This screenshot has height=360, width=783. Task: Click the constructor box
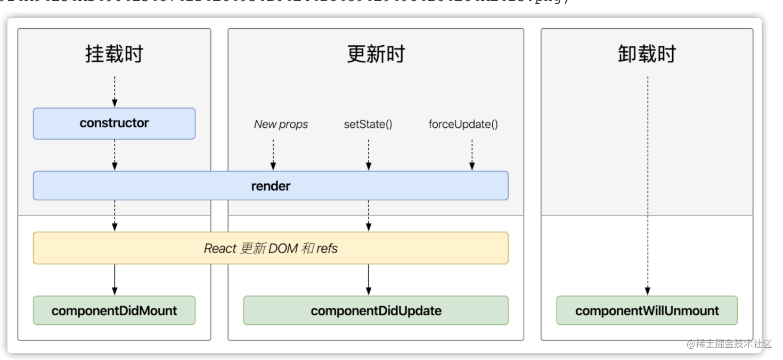(114, 124)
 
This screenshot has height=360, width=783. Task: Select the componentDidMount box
(114, 310)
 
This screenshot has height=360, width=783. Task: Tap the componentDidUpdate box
(376, 310)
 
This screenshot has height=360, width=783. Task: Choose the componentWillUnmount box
(647, 310)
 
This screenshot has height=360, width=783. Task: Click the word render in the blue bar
(271, 186)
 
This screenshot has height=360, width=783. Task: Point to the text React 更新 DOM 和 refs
(271, 248)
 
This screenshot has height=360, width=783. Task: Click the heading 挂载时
(114, 54)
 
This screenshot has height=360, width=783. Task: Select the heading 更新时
(376, 54)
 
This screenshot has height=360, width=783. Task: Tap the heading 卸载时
(647, 54)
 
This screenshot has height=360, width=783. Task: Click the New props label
(281, 125)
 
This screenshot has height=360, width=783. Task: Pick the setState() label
(368, 125)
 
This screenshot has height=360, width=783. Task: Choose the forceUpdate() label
(463, 125)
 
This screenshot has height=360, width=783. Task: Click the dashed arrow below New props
(273, 154)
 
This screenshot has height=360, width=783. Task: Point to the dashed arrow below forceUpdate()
(472, 154)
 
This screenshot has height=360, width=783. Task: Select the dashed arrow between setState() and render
(368, 154)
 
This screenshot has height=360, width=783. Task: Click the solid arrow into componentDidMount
(115, 280)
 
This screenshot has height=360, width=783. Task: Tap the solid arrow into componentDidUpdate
(368, 280)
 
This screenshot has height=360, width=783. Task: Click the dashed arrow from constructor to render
(115, 154)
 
